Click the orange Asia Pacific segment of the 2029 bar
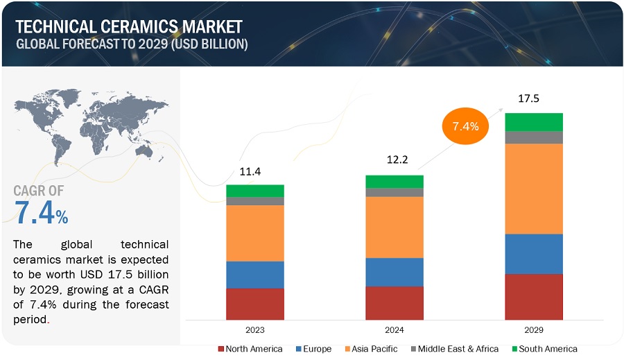click(533, 189)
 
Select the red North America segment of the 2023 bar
click(255, 303)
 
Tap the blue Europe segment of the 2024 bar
click(395, 272)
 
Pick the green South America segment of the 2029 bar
click(533, 122)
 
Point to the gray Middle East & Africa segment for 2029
click(533, 137)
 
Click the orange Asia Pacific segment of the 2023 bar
click(255, 233)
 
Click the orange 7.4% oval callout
click(465, 126)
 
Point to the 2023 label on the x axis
click(255, 330)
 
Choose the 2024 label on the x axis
click(395, 330)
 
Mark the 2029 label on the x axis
click(533, 330)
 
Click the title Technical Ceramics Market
click(129, 27)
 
